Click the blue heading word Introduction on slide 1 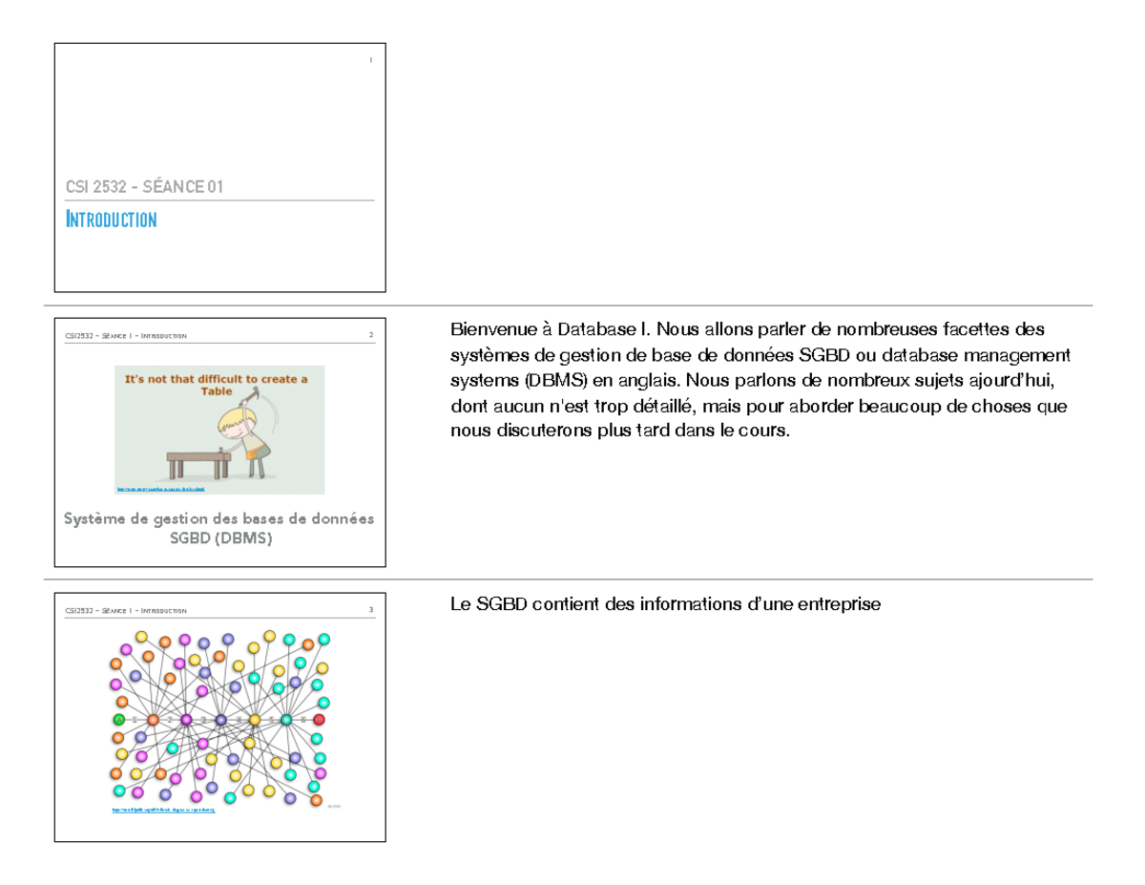111,221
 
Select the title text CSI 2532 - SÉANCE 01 144,187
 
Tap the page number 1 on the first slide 370,61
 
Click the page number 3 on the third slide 370,610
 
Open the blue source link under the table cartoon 160,489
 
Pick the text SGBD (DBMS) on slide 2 219,539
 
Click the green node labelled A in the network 119,719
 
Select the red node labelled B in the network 319,719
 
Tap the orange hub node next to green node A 153,719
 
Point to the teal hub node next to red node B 285,719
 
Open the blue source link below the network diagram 163,810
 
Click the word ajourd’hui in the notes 1011,381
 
